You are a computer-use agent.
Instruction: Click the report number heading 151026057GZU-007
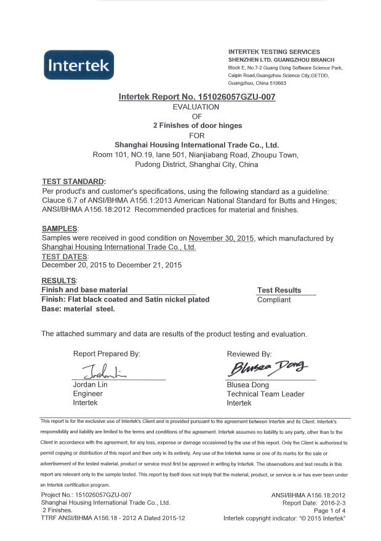point(196,97)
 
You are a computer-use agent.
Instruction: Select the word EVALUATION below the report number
point(196,106)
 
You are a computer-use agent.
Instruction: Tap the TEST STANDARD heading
point(73,182)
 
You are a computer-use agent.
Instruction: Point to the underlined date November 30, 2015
point(222,238)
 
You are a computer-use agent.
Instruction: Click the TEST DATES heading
point(65,256)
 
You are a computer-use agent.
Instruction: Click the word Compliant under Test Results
point(274,300)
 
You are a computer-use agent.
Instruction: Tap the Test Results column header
point(279,290)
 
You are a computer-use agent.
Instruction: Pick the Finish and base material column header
point(84,289)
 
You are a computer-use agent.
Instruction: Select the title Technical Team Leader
point(265,394)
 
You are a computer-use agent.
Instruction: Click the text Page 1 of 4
point(329,510)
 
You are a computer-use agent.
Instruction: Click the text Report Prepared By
point(106,354)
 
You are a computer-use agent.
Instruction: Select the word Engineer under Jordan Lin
point(87,394)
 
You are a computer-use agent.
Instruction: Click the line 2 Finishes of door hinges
point(196,126)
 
